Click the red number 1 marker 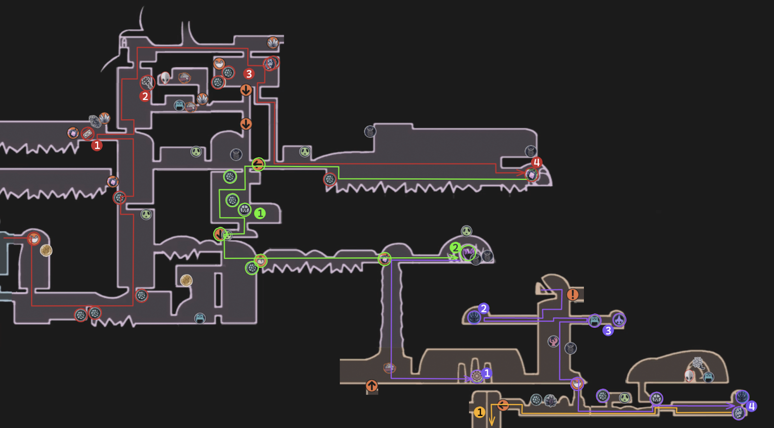pyautogui.click(x=97, y=145)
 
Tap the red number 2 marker pyautogui.click(x=145, y=96)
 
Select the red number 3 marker pyautogui.click(x=249, y=74)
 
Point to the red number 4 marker pyautogui.click(x=536, y=162)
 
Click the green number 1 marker pyautogui.click(x=260, y=214)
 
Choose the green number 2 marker pyautogui.click(x=455, y=247)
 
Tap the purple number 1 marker pyautogui.click(x=487, y=373)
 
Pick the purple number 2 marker pyautogui.click(x=483, y=308)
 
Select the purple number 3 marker pyautogui.click(x=608, y=331)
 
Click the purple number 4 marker pyautogui.click(x=751, y=406)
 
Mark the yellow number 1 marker pyautogui.click(x=479, y=412)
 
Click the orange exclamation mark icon pyautogui.click(x=573, y=294)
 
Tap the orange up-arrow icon pyautogui.click(x=372, y=385)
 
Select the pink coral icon pyautogui.click(x=553, y=341)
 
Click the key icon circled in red pyautogui.click(x=147, y=83)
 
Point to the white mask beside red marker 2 pyautogui.click(x=165, y=78)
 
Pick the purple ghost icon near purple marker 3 pyautogui.click(x=619, y=320)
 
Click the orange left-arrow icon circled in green pyautogui.click(x=258, y=164)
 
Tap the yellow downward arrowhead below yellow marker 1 pyautogui.click(x=491, y=421)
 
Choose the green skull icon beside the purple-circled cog pyautogui.click(x=625, y=398)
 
